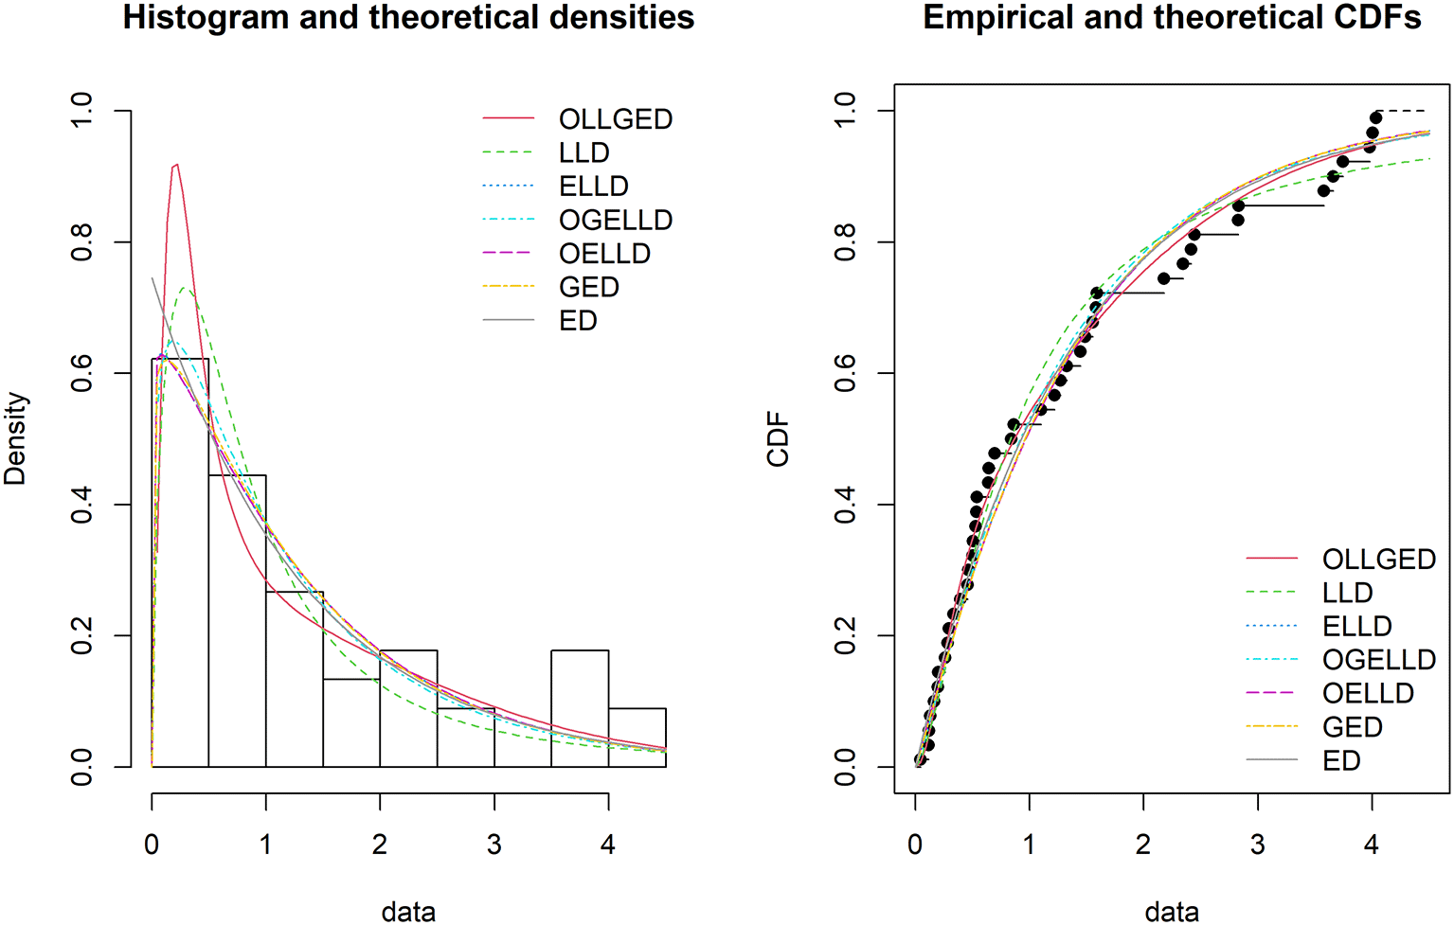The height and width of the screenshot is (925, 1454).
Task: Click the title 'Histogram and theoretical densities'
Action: [408, 18]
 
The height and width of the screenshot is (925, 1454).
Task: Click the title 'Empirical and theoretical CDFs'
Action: [1172, 18]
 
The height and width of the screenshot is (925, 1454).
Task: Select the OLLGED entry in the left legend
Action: [615, 119]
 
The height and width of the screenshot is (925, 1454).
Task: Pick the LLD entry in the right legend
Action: [1347, 593]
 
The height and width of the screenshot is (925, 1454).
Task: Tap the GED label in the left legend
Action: [588, 287]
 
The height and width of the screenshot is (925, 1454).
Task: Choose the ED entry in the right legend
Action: [1341, 760]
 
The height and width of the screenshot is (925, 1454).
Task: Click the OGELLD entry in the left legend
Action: [615, 220]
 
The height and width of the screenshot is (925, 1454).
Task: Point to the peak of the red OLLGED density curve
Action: [176, 165]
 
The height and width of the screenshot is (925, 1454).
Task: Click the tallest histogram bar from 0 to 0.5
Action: [180, 568]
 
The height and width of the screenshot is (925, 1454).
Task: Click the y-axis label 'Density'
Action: [15, 438]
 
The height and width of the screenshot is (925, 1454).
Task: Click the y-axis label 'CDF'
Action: [778, 438]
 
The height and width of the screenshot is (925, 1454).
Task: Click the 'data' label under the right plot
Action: [1172, 911]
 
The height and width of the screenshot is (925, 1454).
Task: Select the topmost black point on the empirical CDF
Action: [1376, 117]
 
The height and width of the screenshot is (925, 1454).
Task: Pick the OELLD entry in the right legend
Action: [1368, 693]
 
